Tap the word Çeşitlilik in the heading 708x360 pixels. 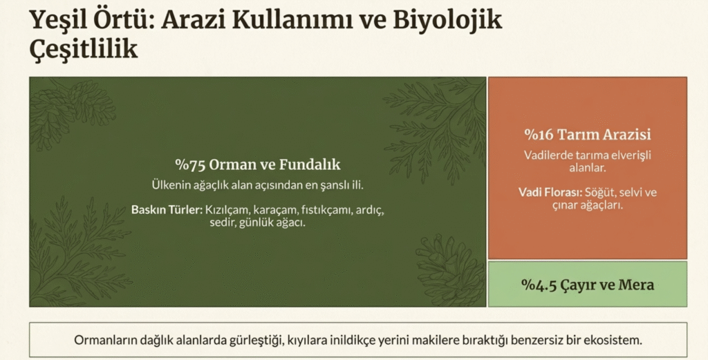(84, 48)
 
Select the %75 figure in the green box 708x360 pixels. (190, 164)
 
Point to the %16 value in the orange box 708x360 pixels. (539, 135)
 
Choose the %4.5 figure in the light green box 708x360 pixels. (539, 285)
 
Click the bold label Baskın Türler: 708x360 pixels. (167, 210)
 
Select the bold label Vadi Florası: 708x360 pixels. (550, 193)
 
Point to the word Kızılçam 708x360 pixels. (227, 210)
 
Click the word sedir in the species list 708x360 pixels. (220, 222)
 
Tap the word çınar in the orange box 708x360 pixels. (564, 205)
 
